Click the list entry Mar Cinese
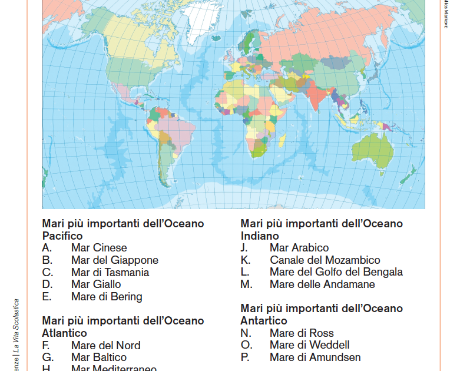(99, 248)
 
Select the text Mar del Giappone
(114, 260)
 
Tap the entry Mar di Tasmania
(110, 273)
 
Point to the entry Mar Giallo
(96, 284)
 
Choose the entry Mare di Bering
(107, 297)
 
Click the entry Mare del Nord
(105, 346)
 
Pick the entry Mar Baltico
(98, 357)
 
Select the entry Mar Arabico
(299, 248)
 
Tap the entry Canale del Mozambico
(325, 260)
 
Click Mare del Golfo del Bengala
(336, 272)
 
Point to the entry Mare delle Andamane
(322, 284)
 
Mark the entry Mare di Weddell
(309, 345)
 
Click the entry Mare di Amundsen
(315, 357)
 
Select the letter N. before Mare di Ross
(246, 333)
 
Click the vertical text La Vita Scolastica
(17, 326)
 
